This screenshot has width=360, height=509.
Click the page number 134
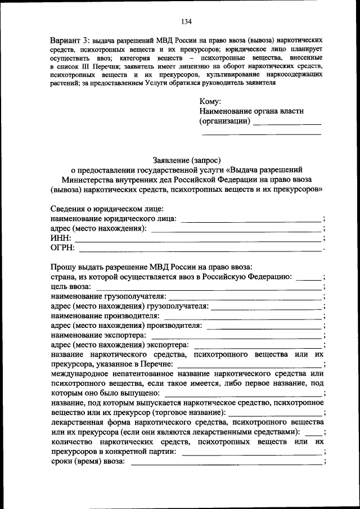coord(187,22)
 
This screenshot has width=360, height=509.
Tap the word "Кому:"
coord(210,102)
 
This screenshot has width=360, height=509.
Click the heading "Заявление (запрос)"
coord(186,159)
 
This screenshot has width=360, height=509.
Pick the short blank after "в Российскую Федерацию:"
coord(308,278)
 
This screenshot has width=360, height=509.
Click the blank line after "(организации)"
coord(287,123)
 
